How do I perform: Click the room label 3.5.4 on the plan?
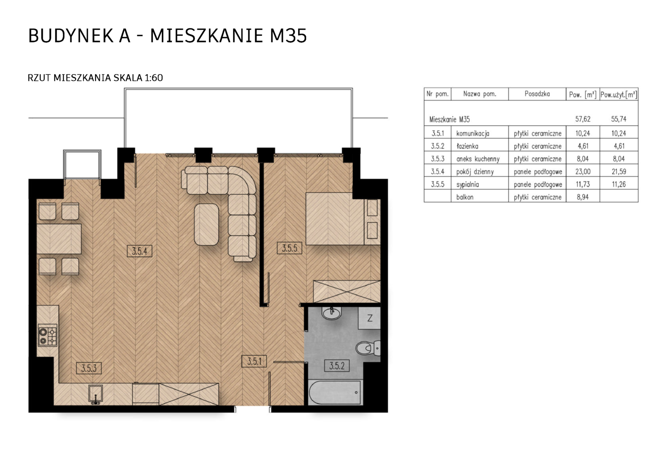coord(139,251)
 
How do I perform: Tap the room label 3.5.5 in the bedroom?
coord(289,248)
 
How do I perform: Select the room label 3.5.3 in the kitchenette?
coord(89,368)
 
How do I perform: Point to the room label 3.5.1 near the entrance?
coord(254,361)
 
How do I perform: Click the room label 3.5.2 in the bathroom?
coord(337,365)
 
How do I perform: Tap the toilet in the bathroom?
coord(368,348)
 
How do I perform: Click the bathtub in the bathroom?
coord(335,392)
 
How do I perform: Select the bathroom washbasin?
coord(331,313)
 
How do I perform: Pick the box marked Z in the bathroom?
coord(369,318)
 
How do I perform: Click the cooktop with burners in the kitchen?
coord(48,336)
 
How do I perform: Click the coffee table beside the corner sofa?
coord(206,225)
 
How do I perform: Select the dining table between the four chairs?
coord(59,239)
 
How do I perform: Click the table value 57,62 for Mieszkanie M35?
coord(582,119)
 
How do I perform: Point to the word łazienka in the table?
coord(467,146)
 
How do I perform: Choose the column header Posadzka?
coord(537,94)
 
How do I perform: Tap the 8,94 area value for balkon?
coord(582,197)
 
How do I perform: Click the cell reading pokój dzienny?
coord(475,172)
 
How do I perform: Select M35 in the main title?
coord(288,36)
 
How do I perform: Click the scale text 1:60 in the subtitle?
coord(154,78)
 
